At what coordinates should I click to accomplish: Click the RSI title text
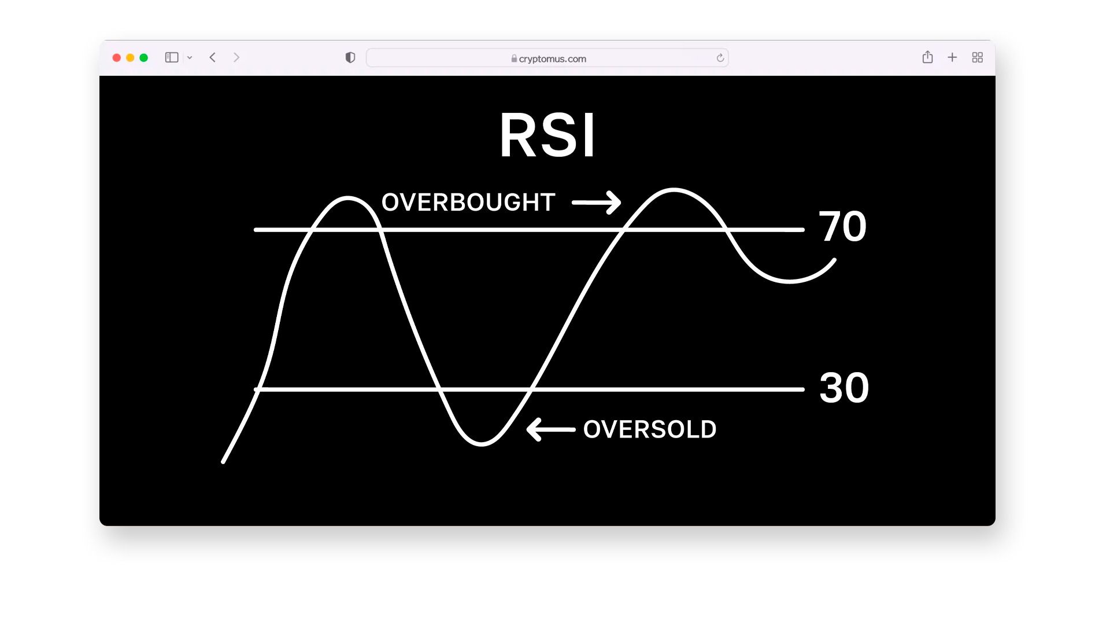tap(547, 135)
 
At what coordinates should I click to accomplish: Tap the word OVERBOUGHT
tap(468, 203)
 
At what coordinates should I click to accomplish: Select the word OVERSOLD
tap(650, 429)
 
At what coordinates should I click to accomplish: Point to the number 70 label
tap(842, 226)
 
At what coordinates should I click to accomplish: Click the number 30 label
tap(844, 388)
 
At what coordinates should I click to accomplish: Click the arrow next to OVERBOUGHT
tap(596, 203)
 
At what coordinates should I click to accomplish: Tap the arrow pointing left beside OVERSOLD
tap(551, 429)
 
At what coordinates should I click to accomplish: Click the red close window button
tap(117, 58)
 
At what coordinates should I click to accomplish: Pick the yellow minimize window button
tap(130, 58)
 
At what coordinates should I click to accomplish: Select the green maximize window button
tap(144, 58)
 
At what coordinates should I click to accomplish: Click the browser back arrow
tap(213, 57)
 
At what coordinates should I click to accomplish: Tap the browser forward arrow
tap(236, 57)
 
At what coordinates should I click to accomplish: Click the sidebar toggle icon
tap(172, 57)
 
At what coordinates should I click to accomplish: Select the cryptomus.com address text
tap(553, 58)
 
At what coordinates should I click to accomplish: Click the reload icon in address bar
tap(720, 58)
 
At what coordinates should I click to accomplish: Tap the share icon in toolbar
tap(928, 57)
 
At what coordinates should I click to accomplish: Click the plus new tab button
tap(952, 57)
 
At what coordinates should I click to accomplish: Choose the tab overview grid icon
tap(978, 57)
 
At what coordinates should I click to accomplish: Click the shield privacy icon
tap(350, 57)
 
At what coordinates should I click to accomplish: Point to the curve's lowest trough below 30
tap(482, 444)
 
